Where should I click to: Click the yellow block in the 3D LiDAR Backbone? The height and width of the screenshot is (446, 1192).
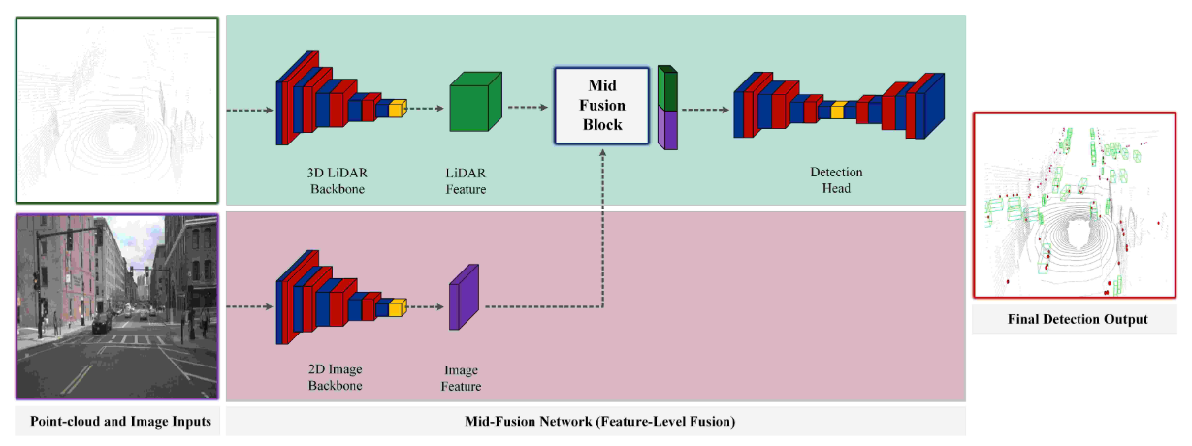tap(397, 109)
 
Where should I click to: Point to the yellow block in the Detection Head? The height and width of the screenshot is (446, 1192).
tap(837, 111)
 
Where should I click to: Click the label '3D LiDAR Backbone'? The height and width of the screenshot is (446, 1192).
tap(338, 180)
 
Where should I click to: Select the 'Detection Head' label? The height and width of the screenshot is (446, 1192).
tap(836, 180)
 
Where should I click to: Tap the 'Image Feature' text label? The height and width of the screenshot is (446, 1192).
tap(462, 378)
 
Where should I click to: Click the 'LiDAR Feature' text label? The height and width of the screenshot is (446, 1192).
tap(465, 180)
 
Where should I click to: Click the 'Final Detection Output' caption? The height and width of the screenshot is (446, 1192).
tap(1076, 319)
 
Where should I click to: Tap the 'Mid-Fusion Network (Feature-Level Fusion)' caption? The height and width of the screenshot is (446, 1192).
tap(595, 422)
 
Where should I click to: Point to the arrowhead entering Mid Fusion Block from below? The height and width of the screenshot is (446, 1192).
tap(602, 153)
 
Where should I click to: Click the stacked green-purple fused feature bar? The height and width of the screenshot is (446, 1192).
tap(666, 107)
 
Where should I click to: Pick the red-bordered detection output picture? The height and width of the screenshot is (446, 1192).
tap(1076, 205)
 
